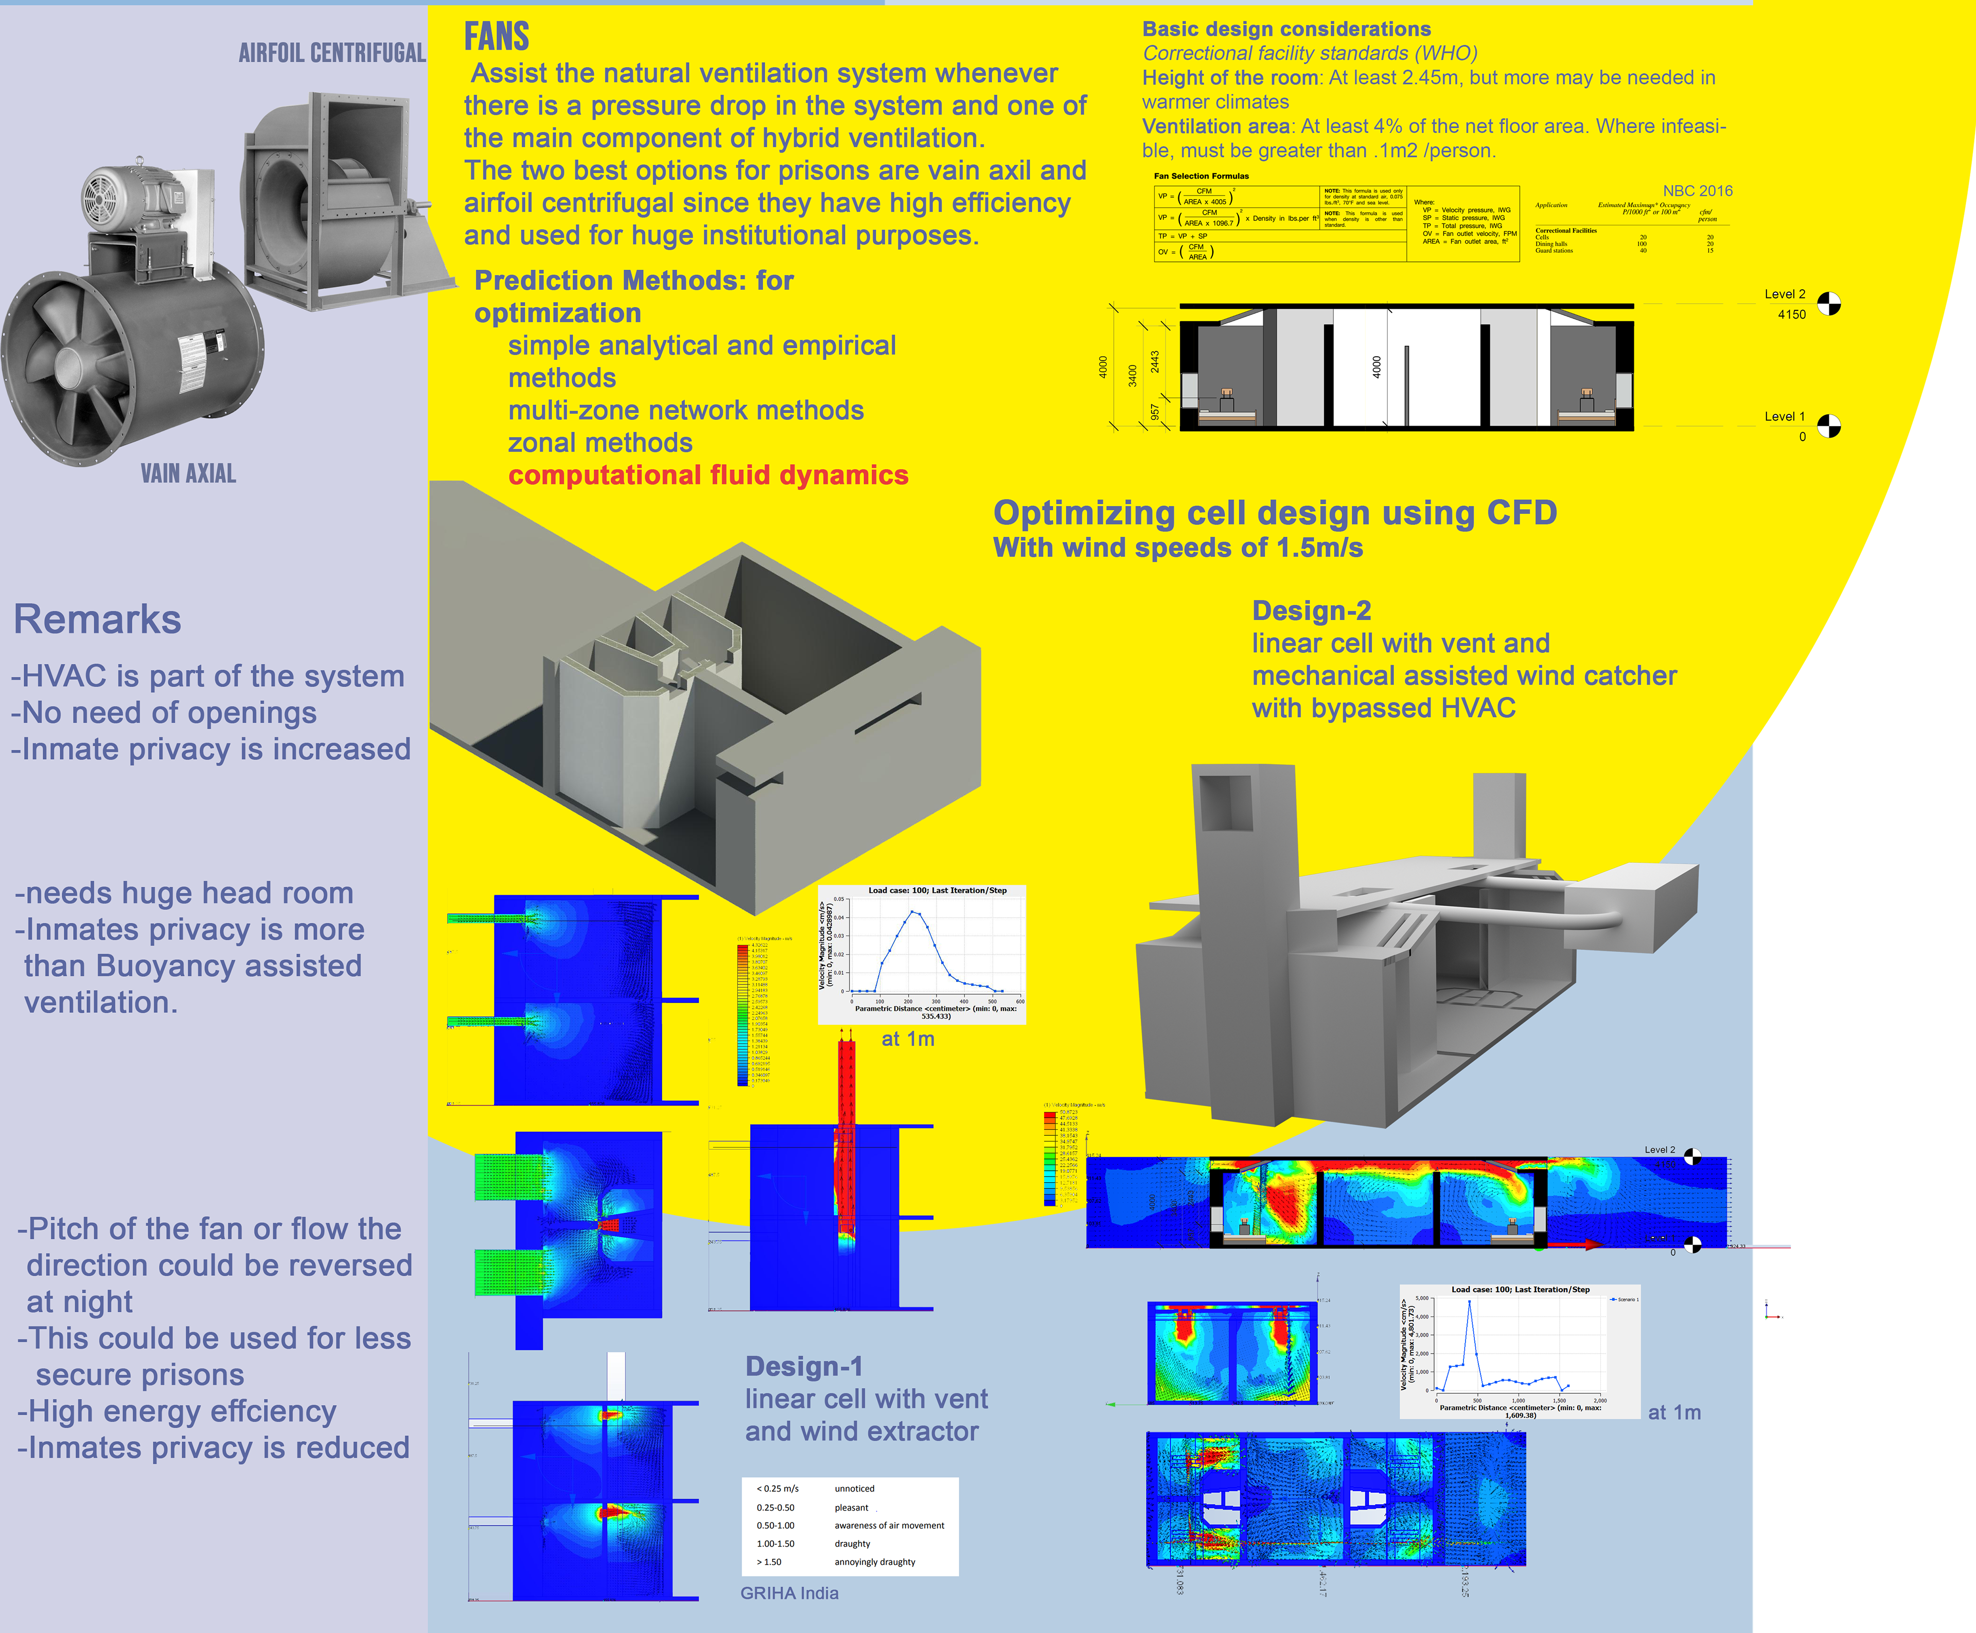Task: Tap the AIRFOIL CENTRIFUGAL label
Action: (332, 52)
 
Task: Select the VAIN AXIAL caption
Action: (188, 473)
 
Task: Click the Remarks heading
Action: (97, 619)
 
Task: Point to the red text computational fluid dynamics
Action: (708, 475)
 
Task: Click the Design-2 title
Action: (1311, 610)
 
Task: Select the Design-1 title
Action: (803, 1366)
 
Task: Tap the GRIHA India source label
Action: (789, 1592)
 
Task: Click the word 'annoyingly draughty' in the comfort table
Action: (875, 1561)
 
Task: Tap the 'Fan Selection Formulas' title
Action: (1201, 176)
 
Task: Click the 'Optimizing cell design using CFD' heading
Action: (1275, 513)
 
